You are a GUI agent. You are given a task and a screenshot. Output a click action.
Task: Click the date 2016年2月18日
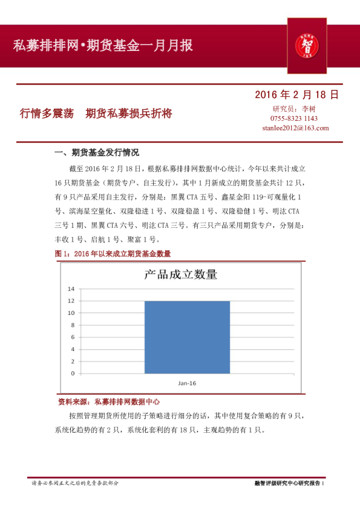[x=296, y=94]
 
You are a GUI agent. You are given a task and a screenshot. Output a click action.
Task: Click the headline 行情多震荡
[x=47, y=113]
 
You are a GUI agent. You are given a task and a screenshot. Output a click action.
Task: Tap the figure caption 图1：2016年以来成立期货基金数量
[x=113, y=254]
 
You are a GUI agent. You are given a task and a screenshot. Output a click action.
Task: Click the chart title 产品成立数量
[x=180, y=274]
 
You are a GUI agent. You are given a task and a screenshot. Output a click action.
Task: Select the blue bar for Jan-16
[x=187, y=337]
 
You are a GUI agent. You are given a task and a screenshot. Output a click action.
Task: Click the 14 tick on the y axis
[x=71, y=288]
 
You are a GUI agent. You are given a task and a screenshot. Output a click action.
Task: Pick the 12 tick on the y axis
[x=71, y=300]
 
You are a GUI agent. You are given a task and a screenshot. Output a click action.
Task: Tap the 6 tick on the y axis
[x=73, y=337]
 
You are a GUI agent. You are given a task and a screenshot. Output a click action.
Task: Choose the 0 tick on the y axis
[x=73, y=373]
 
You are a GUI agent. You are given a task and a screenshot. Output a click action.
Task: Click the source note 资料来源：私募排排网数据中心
[x=109, y=401]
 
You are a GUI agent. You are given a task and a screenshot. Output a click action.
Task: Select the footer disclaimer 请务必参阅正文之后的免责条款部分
[x=75, y=483]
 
